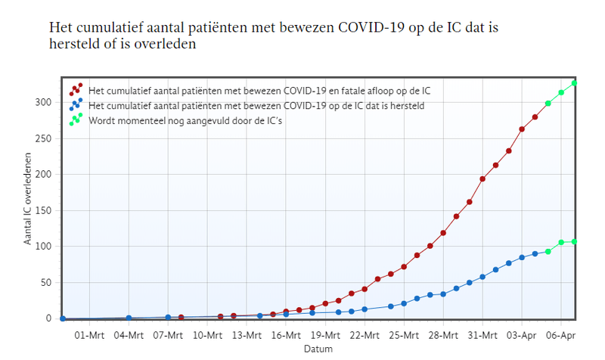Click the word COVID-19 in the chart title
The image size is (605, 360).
point(371,26)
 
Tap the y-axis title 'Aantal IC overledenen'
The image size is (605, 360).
point(29,200)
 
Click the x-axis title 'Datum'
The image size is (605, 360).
point(318,349)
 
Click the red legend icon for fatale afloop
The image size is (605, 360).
point(76,90)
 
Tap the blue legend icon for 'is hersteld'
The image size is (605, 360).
point(76,104)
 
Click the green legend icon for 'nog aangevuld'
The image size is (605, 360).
point(76,119)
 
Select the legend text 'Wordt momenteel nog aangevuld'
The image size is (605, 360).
point(185,119)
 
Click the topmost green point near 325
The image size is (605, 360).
point(574,83)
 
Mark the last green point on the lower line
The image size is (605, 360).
point(574,242)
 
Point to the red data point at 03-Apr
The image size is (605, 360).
point(522,129)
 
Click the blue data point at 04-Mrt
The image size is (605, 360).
point(129,318)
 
